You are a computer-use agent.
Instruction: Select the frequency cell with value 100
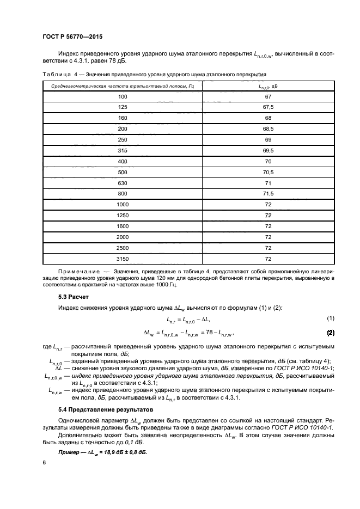(122, 96)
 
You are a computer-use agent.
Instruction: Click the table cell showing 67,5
(268, 107)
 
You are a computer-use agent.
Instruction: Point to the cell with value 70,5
(268, 171)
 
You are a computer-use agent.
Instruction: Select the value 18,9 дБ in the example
(114, 452)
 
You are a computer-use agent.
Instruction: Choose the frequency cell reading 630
(122, 182)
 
